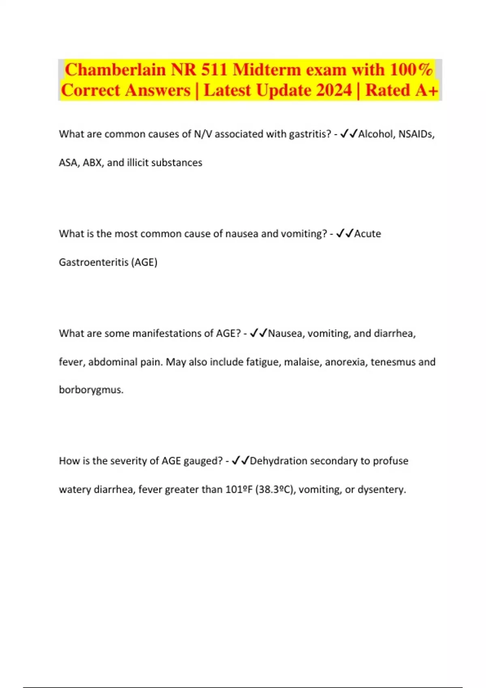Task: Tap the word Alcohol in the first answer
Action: click(x=375, y=134)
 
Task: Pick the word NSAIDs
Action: click(x=416, y=134)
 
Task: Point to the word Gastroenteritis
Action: click(x=94, y=262)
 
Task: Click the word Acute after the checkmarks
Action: click(x=368, y=234)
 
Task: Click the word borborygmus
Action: click(x=91, y=390)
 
